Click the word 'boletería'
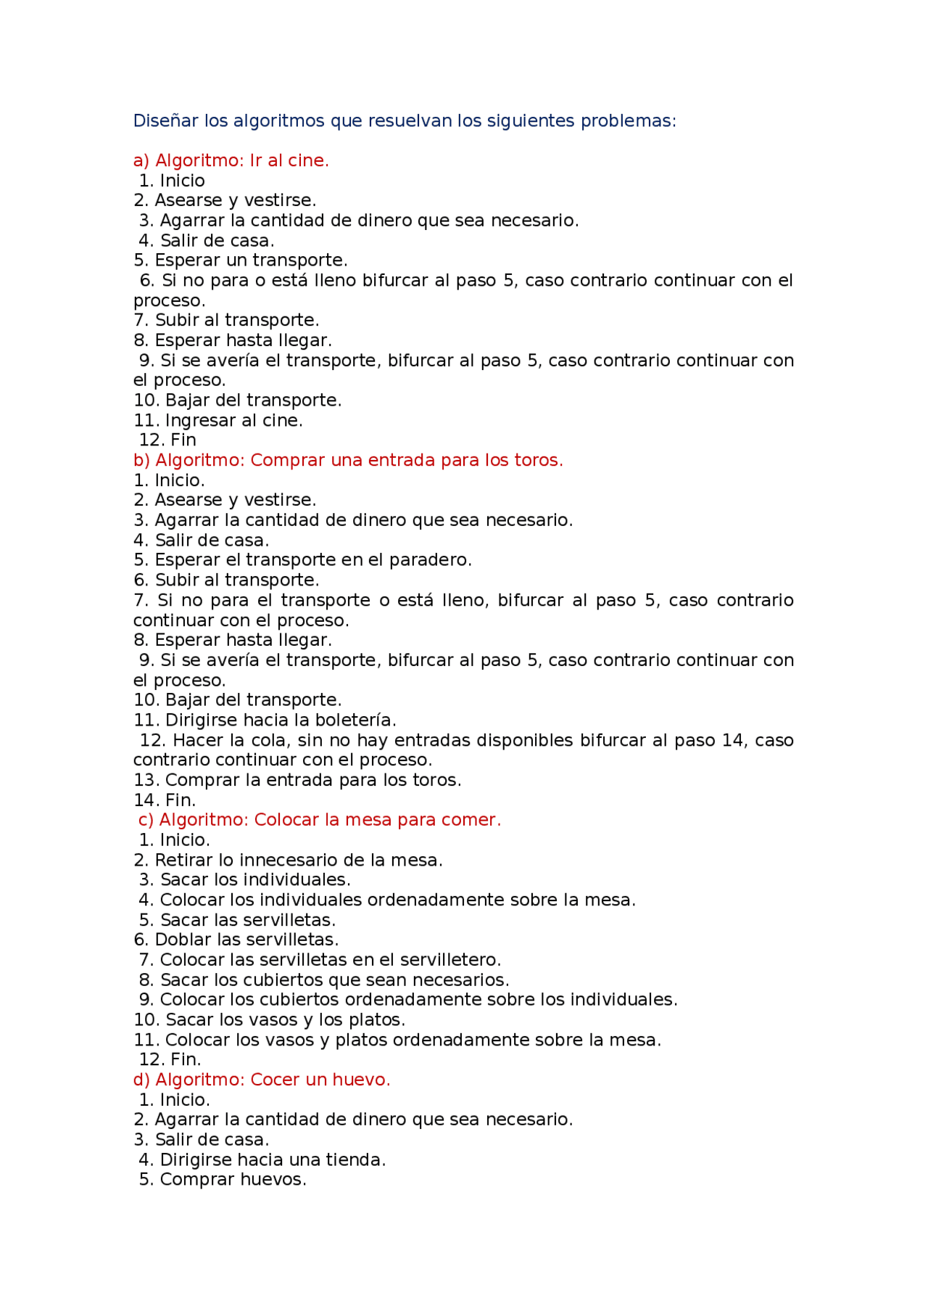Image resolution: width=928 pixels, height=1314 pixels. point(357,720)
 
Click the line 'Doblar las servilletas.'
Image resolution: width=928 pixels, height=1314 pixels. point(236,940)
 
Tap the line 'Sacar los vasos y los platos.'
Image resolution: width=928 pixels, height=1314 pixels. point(269,1020)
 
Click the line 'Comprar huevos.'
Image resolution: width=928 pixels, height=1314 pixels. point(222,1180)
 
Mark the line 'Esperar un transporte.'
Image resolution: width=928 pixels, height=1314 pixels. point(241,260)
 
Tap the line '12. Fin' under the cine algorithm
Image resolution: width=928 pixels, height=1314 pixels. point(167,440)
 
